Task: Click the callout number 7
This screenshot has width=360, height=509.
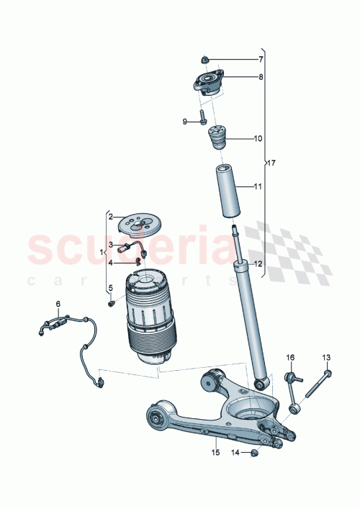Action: coord(261,59)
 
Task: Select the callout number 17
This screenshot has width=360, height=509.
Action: coord(271,163)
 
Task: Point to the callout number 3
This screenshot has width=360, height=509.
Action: coord(111,245)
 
